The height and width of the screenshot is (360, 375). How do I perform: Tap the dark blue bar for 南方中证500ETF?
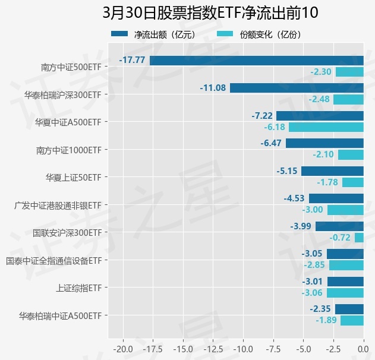pyautogui.click(x=256, y=60)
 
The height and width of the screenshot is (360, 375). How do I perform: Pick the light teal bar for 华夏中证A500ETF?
pyautogui.click(x=326, y=127)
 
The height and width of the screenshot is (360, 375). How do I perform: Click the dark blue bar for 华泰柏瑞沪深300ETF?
pyautogui.click(x=297, y=88)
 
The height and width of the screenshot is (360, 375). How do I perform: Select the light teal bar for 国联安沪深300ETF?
pyautogui.click(x=359, y=238)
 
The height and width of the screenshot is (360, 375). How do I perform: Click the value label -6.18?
pyautogui.click(x=275, y=127)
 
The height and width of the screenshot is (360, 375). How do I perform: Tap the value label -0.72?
pyautogui.click(x=340, y=238)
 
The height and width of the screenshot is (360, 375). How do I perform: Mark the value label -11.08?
pyautogui.click(x=213, y=88)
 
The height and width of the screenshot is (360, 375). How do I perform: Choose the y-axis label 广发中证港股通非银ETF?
pyautogui.click(x=57, y=205)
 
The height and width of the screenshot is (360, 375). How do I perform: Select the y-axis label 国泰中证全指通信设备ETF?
pyautogui.click(x=53, y=260)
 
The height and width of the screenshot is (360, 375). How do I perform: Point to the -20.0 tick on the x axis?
pyautogui.click(x=122, y=347)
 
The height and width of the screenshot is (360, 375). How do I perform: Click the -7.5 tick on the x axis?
pyautogui.click(x=273, y=347)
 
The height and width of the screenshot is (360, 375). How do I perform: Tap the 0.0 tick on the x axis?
pyautogui.click(x=363, y=347)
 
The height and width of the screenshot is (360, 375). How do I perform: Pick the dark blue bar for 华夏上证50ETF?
pyautogui.click(x=332, y=171)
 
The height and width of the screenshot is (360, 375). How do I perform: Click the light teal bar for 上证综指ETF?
pyautogui.click(x=345, y=293)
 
